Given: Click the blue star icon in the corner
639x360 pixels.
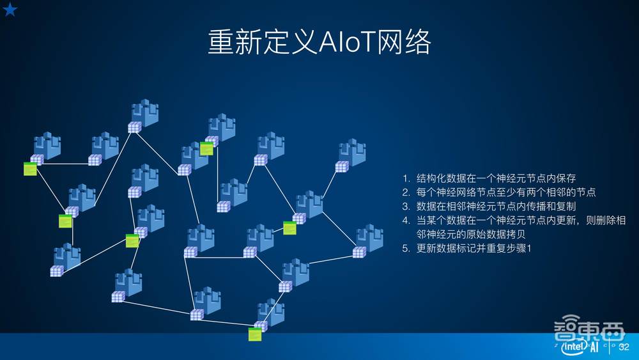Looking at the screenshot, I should click(10, 9).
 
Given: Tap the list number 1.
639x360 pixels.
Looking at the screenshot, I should click(405, 178).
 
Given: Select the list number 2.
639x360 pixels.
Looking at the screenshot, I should click(405, 192).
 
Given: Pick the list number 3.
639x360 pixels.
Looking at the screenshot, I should click(405, 207).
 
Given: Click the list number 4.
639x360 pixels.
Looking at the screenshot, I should click(405, 221).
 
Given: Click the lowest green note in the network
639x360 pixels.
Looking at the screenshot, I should click(255, 334).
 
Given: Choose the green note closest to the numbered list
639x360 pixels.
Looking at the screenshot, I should click(289, 227).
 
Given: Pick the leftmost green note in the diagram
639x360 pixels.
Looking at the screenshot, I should click(29, 169).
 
